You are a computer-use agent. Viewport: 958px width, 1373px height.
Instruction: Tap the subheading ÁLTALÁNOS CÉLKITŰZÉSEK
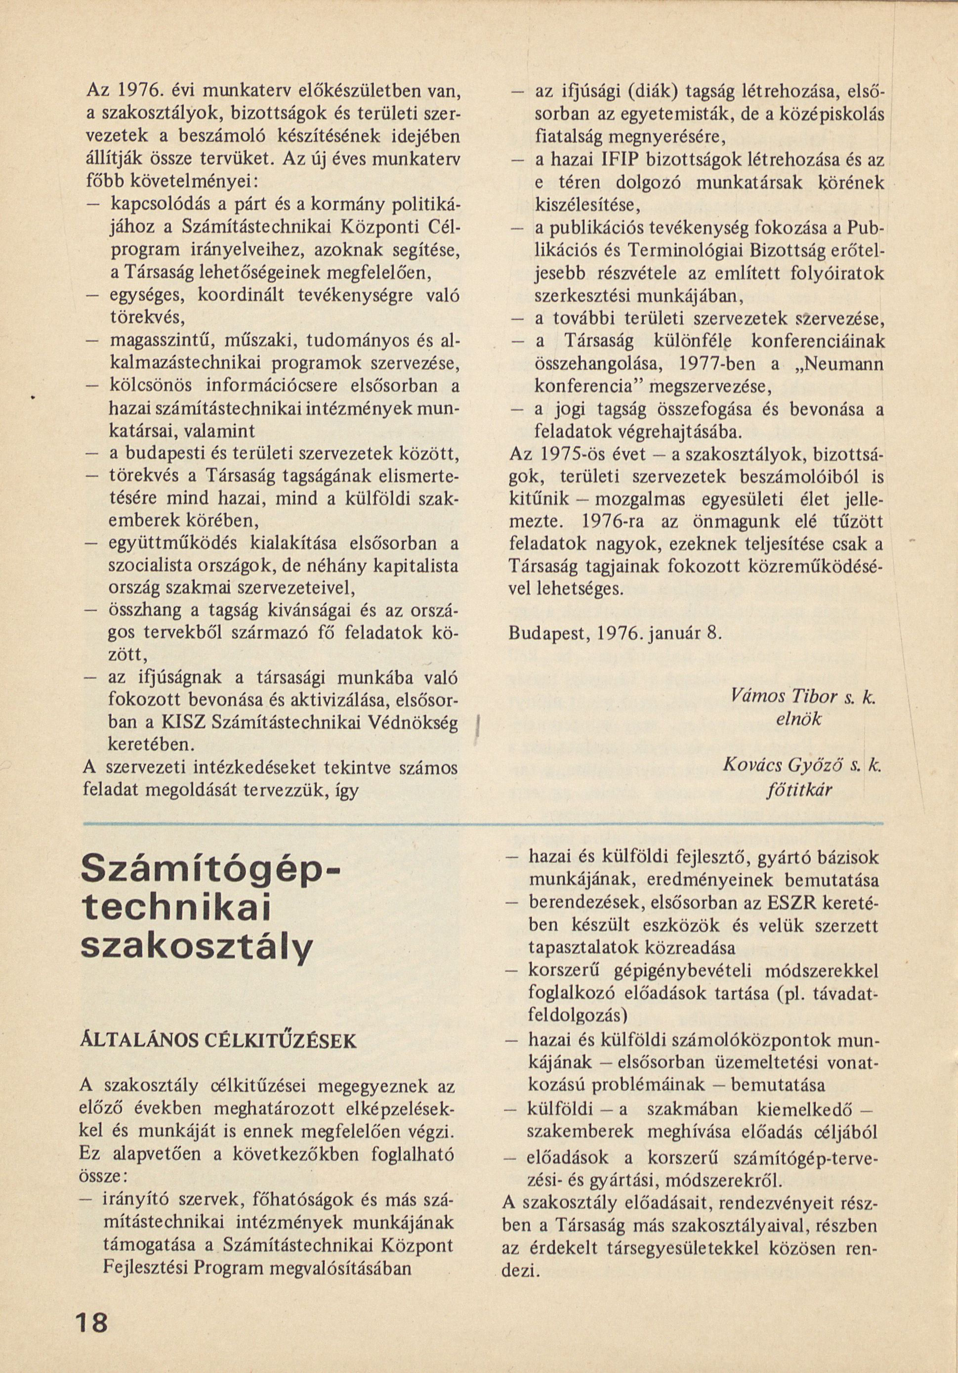point(218,1041)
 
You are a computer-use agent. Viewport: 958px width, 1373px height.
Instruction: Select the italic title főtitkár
point(799,791)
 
